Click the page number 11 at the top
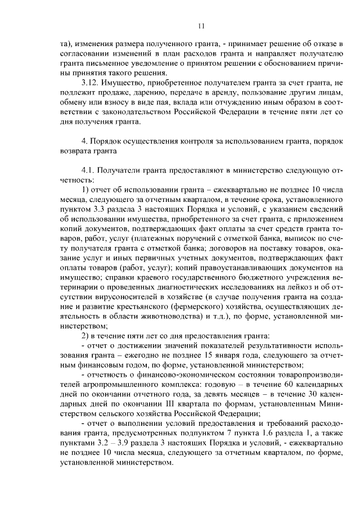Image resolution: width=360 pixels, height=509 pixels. pyautogui.click(x=201, y=25)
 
